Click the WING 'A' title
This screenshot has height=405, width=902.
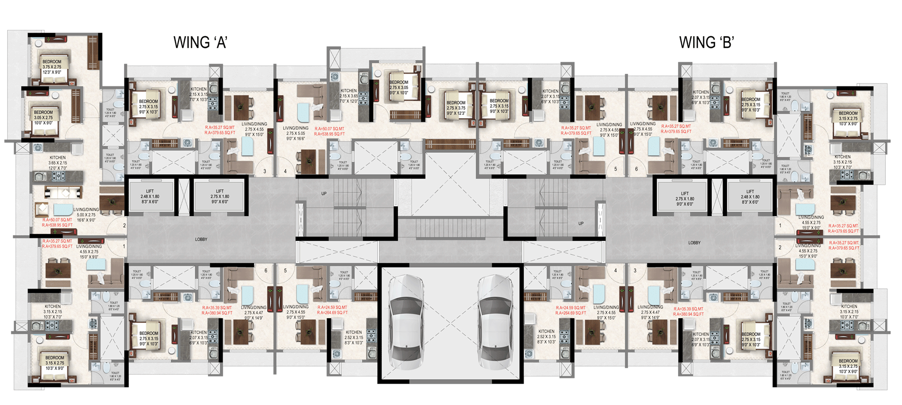click(201, 43)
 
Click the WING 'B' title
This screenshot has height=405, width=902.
click(706, 43)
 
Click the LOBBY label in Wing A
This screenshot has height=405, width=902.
click(201, 239)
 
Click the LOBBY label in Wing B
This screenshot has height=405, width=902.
click(694, 243)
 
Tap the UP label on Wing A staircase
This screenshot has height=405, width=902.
click(324, 194)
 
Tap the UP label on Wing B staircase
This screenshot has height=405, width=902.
click(581, 224)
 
